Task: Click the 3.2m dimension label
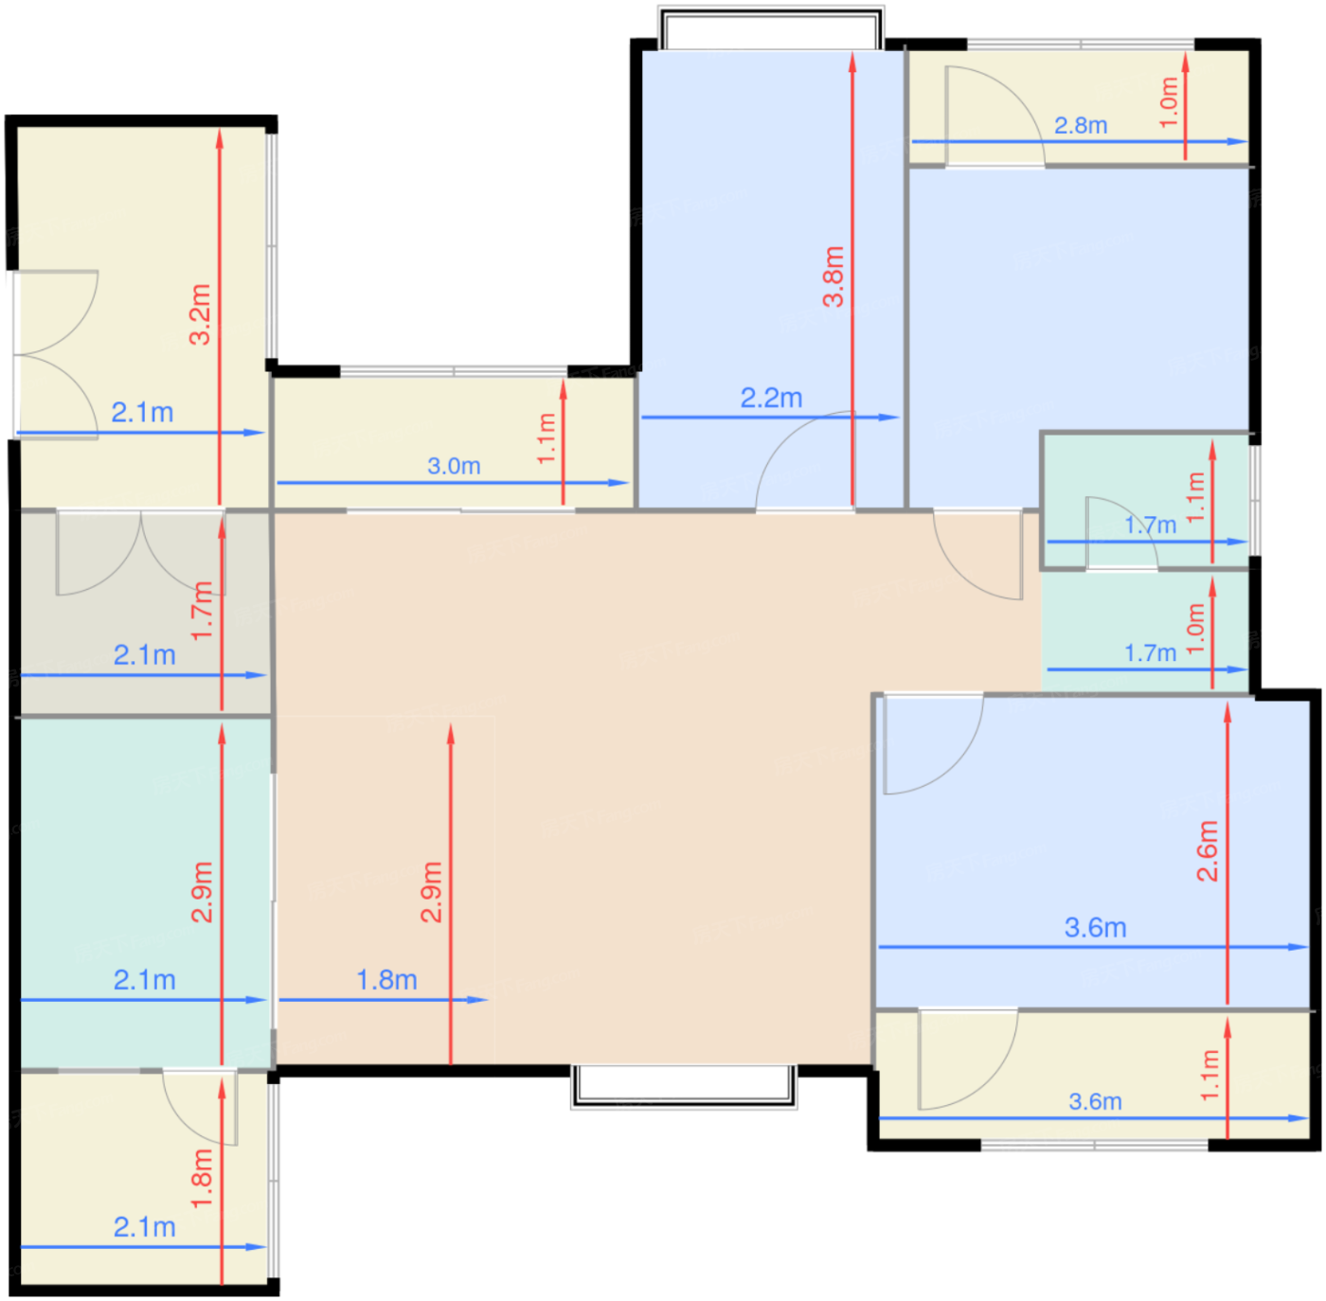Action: (200, 313)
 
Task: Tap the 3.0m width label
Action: (454, 466)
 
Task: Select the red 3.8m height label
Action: (833, 276)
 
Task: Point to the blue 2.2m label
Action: (771, 398)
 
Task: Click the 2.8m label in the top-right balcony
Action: (1081, 125)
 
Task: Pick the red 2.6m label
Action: (1208, 850)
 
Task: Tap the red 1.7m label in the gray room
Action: (203, 610)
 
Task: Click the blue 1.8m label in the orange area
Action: (386, 980)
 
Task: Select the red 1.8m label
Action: (203, 1179)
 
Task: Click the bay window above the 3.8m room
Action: (771, 27)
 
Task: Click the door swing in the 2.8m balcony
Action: (995, 116)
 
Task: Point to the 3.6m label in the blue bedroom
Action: (1095, 927)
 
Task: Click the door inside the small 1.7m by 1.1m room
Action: (1121, 533)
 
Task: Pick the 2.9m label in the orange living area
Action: (432, 892)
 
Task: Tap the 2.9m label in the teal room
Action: (203, 892)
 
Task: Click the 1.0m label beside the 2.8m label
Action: (1169, 102)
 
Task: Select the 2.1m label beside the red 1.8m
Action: (145, 1227)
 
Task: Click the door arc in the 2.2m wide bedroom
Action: (805, 460)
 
